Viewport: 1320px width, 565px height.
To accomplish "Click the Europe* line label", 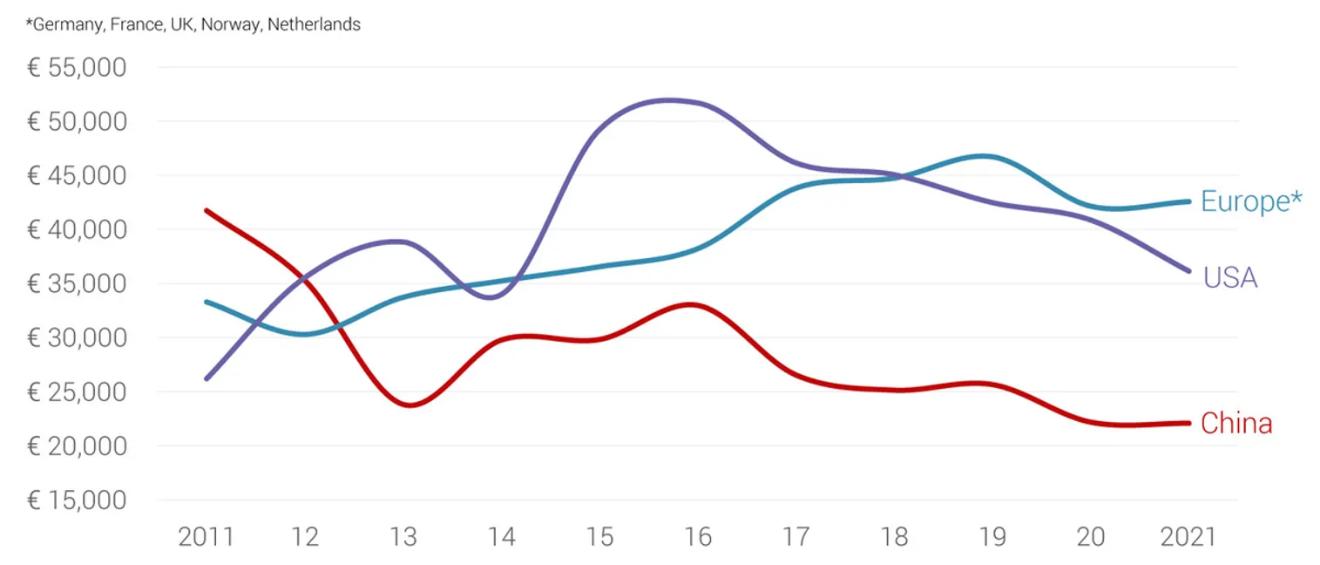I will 1251,201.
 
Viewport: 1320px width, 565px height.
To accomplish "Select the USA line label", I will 1230,278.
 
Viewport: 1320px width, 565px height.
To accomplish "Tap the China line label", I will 1236,424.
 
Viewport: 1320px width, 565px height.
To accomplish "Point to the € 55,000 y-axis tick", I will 77,67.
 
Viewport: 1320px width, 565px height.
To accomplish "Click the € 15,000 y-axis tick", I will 77,500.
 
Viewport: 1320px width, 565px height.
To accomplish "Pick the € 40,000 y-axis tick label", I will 77,230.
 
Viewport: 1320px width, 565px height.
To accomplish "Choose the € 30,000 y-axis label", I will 77,338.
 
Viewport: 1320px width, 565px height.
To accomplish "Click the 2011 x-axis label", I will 206,536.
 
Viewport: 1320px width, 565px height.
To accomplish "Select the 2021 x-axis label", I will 1189,536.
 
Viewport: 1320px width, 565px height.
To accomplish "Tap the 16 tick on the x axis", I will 698,536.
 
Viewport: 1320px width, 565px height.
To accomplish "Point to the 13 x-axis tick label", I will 403,536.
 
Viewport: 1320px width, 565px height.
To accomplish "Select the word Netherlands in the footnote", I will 314,25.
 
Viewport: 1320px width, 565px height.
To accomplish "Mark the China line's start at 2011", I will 206,210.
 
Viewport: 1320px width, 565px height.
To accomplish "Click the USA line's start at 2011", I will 206,378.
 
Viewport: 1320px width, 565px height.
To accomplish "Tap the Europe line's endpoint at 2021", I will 1189,201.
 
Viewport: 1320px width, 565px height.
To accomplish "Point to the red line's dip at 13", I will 408,405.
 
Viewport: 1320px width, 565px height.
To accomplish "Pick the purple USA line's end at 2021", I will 1189,270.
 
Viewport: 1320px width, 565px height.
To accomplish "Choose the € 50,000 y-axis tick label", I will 77,121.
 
